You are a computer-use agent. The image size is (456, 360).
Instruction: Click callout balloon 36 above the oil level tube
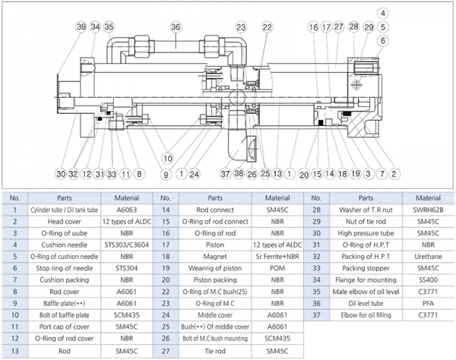click(175, 27)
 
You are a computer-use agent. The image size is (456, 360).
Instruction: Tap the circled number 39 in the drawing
click(81, 27)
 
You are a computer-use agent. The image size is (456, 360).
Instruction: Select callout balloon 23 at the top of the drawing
click(240, 27)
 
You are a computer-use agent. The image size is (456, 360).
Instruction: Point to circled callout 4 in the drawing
click(382, 14)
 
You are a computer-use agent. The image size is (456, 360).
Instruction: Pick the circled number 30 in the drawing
click(61, 173)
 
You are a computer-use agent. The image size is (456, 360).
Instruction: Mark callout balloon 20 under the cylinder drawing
click(305, 173)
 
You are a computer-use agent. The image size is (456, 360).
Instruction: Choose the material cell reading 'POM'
click(275, 271)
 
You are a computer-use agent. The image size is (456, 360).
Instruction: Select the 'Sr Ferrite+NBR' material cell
click(275, 258)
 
